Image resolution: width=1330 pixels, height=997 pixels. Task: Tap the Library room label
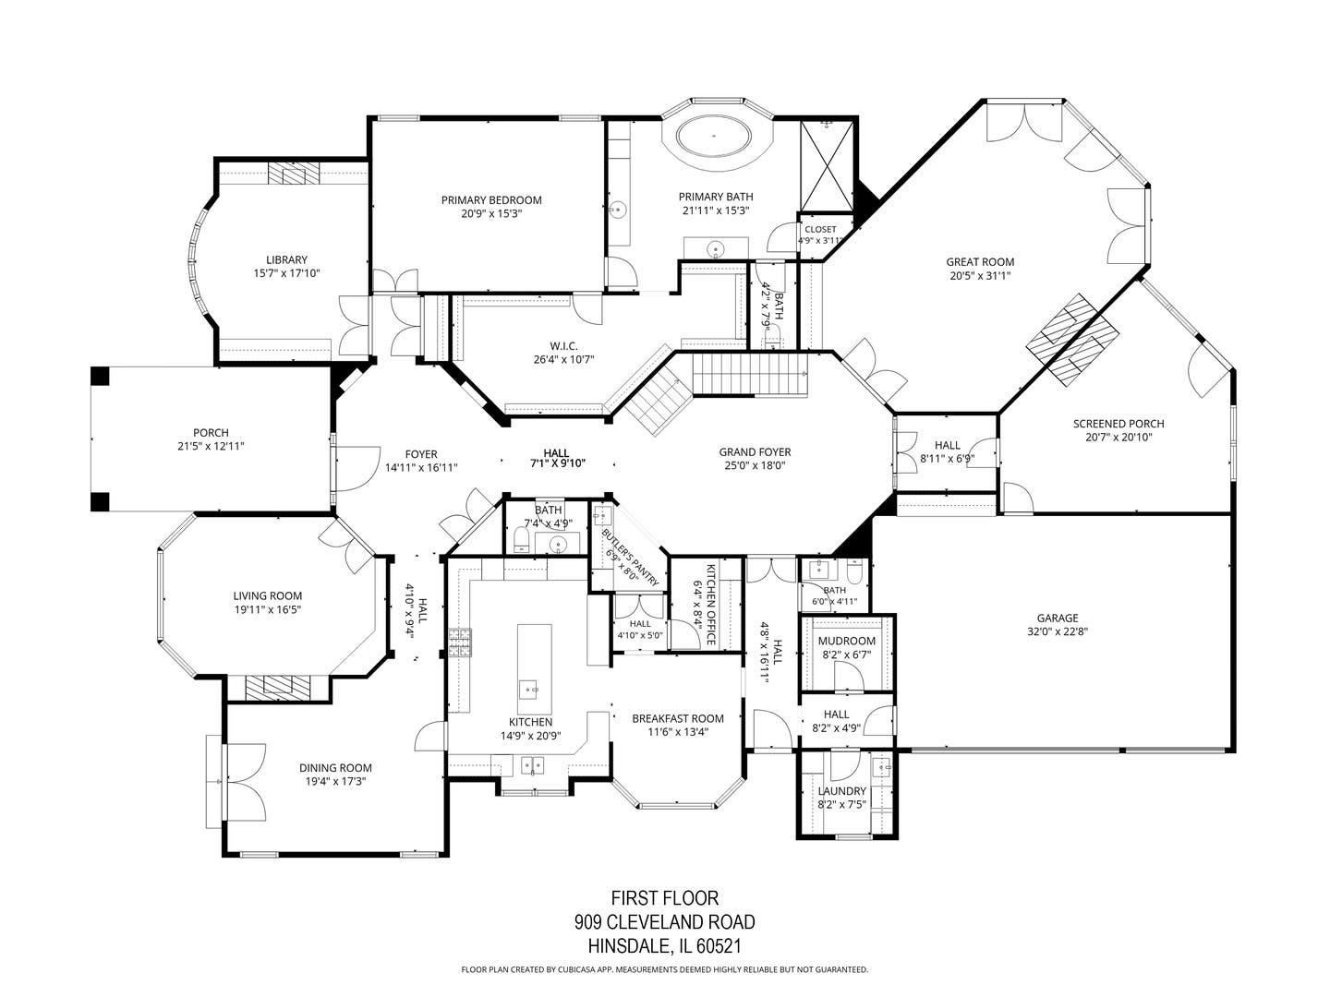click(286, 259)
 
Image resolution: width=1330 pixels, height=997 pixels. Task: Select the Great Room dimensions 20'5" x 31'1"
click(980, 275)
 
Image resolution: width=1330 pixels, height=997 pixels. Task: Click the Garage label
click(1058, 619)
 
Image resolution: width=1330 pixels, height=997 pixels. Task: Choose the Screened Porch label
click(1118, 424)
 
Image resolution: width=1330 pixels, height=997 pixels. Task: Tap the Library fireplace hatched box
click(294, 174)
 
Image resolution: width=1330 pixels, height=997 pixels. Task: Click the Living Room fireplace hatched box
click(277, 689)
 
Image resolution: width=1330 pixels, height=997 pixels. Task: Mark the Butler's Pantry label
click(630, 557)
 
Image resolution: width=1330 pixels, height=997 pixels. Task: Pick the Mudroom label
click(846, 641)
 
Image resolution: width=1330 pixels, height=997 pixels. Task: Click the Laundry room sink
click(882, 768)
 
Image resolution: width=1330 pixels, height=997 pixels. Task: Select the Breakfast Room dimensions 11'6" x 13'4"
click(677, 732)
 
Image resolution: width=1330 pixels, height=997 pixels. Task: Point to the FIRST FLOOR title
click(665, 897)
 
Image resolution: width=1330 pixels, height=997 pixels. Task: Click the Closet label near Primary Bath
click(820, 230)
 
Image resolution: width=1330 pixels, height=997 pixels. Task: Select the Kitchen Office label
click(711, 605)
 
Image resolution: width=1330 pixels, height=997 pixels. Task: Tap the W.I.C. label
click(563, 346)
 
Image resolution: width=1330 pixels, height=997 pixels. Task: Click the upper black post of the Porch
click(100, 376)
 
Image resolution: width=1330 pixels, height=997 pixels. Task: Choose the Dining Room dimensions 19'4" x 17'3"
click(335, 781)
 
